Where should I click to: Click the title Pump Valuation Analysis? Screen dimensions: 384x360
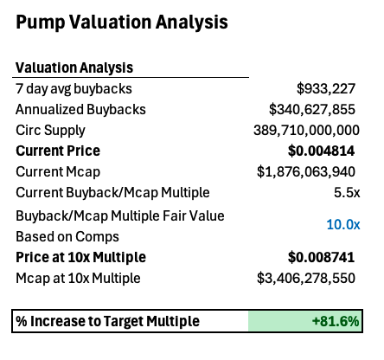(x=122, y=22)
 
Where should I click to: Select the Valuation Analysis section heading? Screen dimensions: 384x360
(x=74, y=67)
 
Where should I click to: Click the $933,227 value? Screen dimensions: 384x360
(x=326, y=89)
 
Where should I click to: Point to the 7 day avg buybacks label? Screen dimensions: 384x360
(x=74, y=89)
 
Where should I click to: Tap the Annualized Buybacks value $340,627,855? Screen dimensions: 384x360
(x=312, y=110)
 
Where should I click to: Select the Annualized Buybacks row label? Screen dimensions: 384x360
(x=80, y=110)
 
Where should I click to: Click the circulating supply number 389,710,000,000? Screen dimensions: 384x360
(x=306, y=131)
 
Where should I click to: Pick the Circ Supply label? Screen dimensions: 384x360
(x=50, y=131)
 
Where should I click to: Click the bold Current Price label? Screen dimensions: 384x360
(x=58, y=151)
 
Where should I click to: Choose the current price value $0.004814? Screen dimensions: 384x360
(x=321, y=151)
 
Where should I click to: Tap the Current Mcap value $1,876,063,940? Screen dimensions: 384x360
(x=306, y=172)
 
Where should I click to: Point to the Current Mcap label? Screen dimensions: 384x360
(x=58, y=172)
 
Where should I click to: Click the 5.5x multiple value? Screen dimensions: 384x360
(x=347, y=192)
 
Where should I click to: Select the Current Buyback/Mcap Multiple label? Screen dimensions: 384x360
(x=112, y=193)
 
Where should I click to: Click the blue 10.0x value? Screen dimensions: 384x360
(x=343, y=224)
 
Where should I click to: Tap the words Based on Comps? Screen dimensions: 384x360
(x=67, y=237)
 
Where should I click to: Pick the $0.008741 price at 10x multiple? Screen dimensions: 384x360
(x=321, y=257)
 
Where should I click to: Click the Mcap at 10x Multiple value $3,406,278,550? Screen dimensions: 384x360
(x=306, y=279)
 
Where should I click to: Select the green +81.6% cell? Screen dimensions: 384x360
(x=305, y=321)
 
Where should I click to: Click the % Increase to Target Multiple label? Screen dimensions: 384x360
(x=107, y=321)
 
